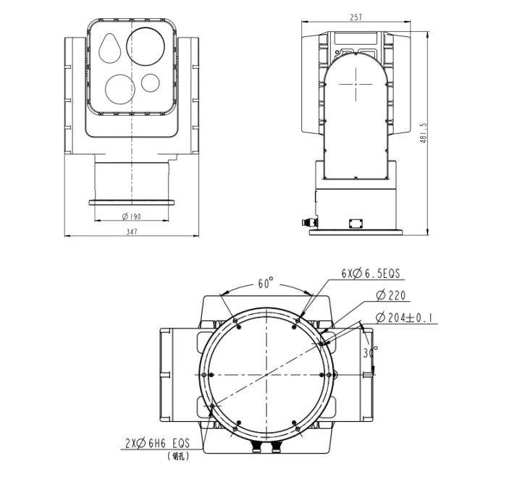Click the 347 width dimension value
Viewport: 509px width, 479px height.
pyautogui.click(x=131, y=232)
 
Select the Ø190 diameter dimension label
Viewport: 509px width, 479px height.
pyautogui.click(x=131, y=216)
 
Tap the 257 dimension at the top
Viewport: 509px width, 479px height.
pyautogui.click(x=356, y=18)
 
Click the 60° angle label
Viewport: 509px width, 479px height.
pyautogui.click(x=266, y=284)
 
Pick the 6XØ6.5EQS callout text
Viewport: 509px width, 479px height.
pyautogui.click(x=371, y=274)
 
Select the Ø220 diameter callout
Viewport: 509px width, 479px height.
pyautogui.click(x=391, y=295)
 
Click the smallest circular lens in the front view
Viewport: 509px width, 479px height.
pyautogui.click(x=151, y=83)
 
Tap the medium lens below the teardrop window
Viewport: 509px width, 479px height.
pyautogui.click(x=119, y=88)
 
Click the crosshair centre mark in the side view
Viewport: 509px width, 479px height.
pyautogui.click(x=356, y=84)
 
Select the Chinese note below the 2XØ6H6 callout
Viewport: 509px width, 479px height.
pyautogui.click(x=177, y=457)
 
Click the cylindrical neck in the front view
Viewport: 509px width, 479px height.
pyautogui.click(x=131, y=181)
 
